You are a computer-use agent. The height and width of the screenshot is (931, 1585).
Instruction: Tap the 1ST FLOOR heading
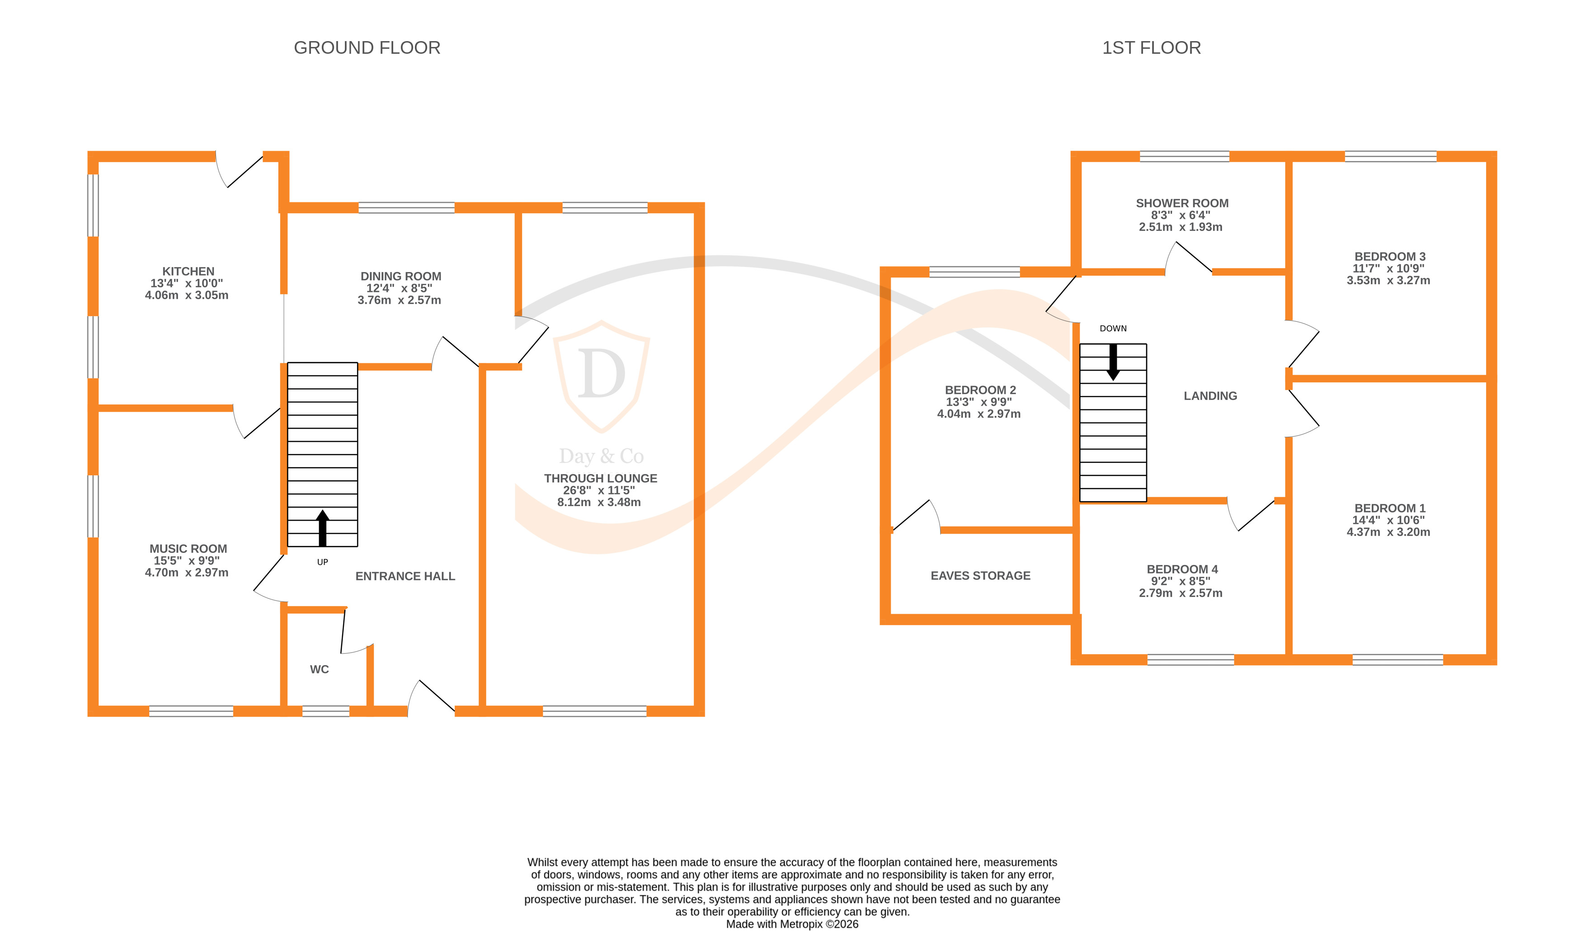coord(1151,48)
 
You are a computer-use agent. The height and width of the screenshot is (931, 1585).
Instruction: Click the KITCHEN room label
coord(188,271)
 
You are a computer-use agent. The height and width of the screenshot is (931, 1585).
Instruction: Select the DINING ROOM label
coord(400,276)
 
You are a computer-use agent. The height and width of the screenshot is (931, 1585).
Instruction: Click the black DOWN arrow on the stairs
coord(1113,361)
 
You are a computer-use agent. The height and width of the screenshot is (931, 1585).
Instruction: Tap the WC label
coord(319,669)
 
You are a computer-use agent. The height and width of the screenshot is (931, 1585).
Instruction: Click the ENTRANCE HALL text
coord(405,576)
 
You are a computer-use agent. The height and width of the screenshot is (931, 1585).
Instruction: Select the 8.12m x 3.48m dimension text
coord(599,502)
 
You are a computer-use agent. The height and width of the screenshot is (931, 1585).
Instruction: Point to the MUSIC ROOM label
coord(188,549)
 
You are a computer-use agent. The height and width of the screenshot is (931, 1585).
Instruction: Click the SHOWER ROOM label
coord(1182,203)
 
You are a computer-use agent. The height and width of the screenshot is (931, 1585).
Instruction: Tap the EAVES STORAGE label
coord(980,576)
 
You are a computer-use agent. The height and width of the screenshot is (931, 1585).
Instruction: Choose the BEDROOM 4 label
coord(1182,569)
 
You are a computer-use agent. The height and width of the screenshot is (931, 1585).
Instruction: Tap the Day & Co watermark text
coord(601,456)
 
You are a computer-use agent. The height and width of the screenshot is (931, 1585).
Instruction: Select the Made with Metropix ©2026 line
coord(792,924)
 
